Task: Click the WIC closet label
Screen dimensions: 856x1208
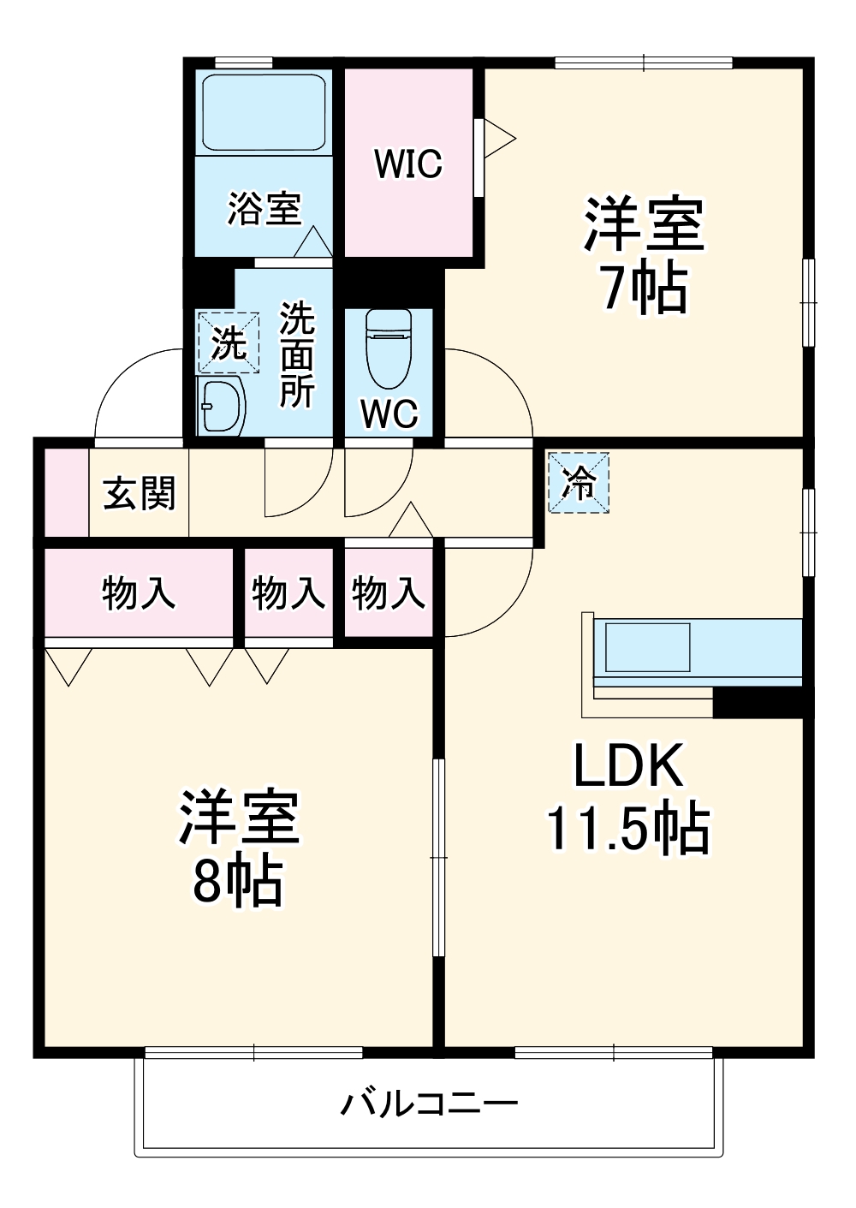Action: pyautogui.click(x=408, y=164)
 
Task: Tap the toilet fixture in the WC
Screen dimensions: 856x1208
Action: pyautogui.click(x=388, y=349)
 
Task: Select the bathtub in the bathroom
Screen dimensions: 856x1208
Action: pyautogui.click(x=265, y=113)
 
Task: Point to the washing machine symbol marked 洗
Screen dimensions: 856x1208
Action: pyautogui.click(x=229, y=342)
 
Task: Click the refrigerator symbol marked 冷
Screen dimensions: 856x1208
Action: pyautogui.click(x=579, y=482)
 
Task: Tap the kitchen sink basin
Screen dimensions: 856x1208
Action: pyautogui.click(x=647, y=647)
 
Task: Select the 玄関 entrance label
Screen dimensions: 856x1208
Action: pyautogui.click(x=139, y=493)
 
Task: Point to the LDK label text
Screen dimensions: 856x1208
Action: pyautogui.click(x=628, y=765)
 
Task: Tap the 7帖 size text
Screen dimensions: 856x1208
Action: pyautogui.click(x=645, y=289)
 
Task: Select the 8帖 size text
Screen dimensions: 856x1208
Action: pyautogui.click(x=238, y=883)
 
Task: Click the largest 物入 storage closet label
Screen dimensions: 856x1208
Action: pyautogui.click(x=139, y=593)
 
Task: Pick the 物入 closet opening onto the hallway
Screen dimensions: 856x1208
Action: pyautogui.click(x=388, y=593)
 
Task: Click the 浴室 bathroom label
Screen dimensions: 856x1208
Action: pyautogui.click(x=265, y=209)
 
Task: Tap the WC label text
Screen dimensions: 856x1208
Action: pyautogui.click(x=389, y=414)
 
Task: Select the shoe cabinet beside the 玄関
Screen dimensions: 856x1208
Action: pyautogui.click(x=66, y=492)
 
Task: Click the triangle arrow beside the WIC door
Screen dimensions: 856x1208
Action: pyautogui.click(x=500, y=139)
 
